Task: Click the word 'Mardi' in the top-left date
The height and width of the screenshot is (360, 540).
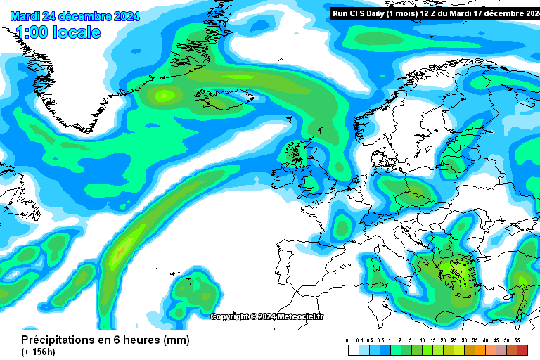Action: point(25,16)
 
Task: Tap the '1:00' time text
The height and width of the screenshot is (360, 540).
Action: point(30,32)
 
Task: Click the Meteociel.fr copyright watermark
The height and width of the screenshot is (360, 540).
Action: point(267,316)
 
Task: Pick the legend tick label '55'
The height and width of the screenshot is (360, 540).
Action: point(517,340)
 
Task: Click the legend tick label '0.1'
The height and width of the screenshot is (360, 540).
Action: point(359,340)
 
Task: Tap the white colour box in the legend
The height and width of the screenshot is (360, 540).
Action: point(354,349)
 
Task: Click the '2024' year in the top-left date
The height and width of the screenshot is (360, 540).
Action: point(125,16)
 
